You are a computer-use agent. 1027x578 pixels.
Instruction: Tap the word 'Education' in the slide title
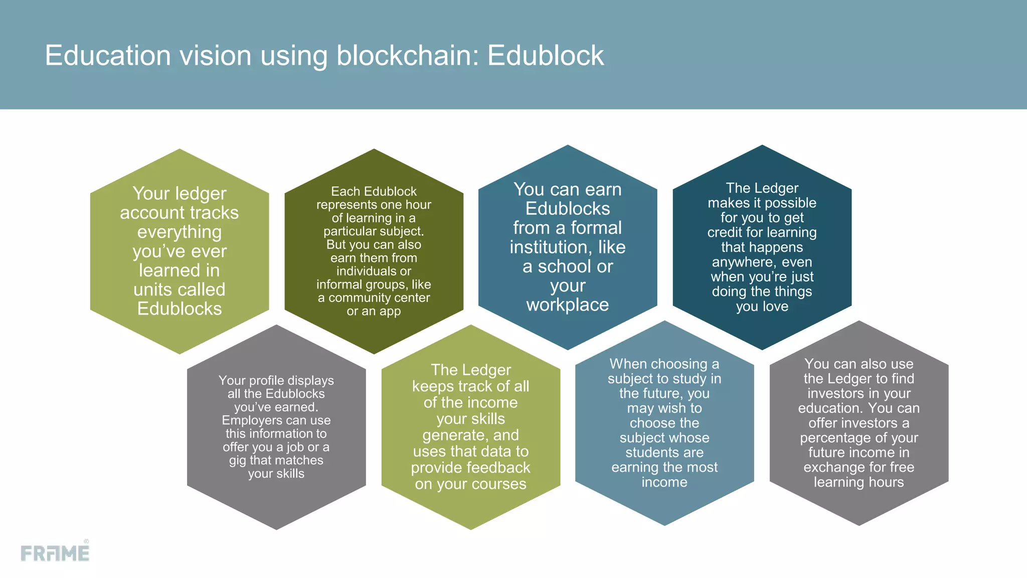click(108, 55)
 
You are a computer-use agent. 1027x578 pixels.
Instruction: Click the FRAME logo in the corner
click(55, 552)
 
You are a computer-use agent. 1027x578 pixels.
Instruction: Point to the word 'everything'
click(180, 232)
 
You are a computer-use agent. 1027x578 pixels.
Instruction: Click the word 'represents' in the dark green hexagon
click(346, 205)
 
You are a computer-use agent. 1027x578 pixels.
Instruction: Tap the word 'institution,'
click(549, 247)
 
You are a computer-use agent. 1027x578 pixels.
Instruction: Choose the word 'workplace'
click(568, 305)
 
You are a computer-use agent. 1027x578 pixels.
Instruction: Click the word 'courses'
click(499, 484)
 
